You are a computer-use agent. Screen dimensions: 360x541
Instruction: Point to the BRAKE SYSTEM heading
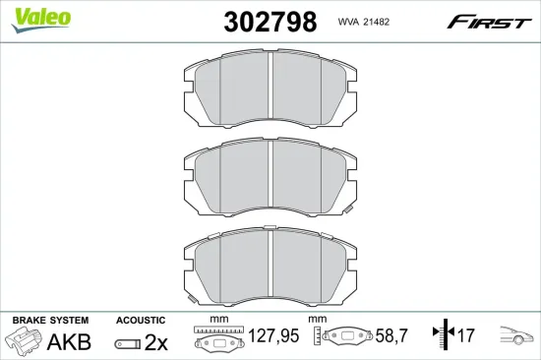49,321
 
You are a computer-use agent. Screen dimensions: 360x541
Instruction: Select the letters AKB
69,342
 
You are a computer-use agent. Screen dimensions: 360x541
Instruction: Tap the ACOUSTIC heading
140,321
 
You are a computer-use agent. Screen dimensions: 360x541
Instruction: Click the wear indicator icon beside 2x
127,343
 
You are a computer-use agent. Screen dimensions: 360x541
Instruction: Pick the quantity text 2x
155,342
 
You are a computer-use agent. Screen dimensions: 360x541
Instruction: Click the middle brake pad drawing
270,179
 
